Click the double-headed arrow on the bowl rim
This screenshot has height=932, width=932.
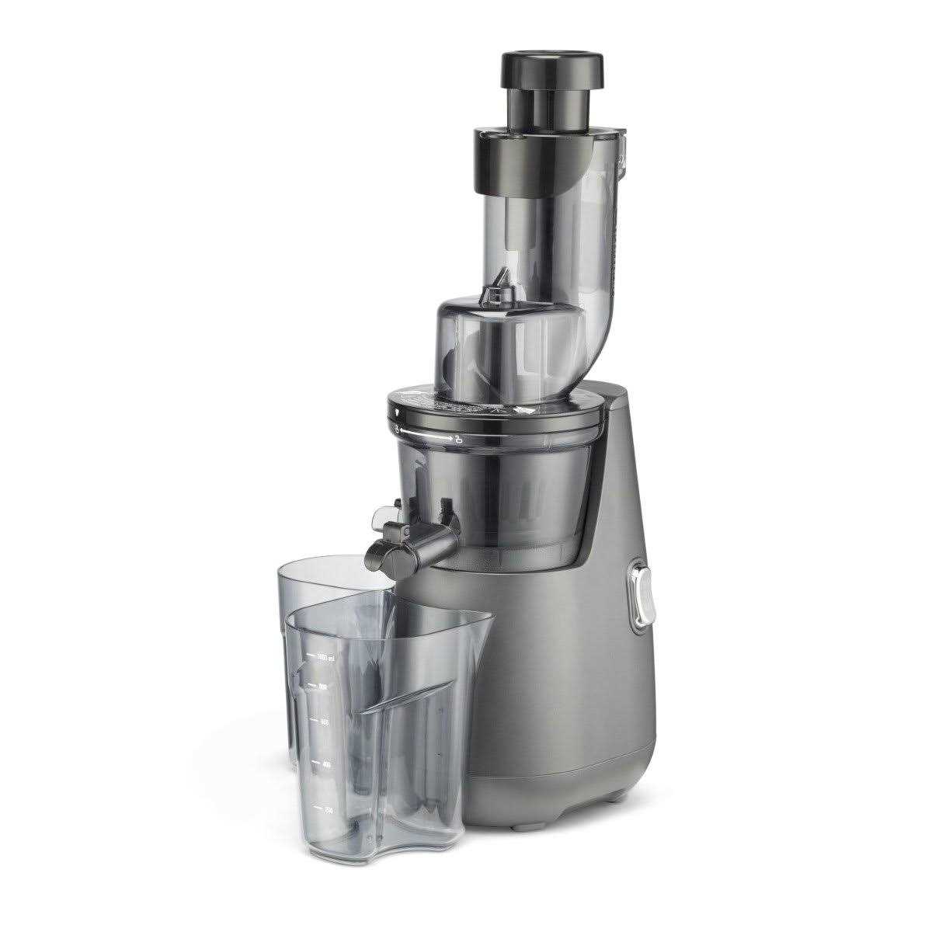coord(428,439)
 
